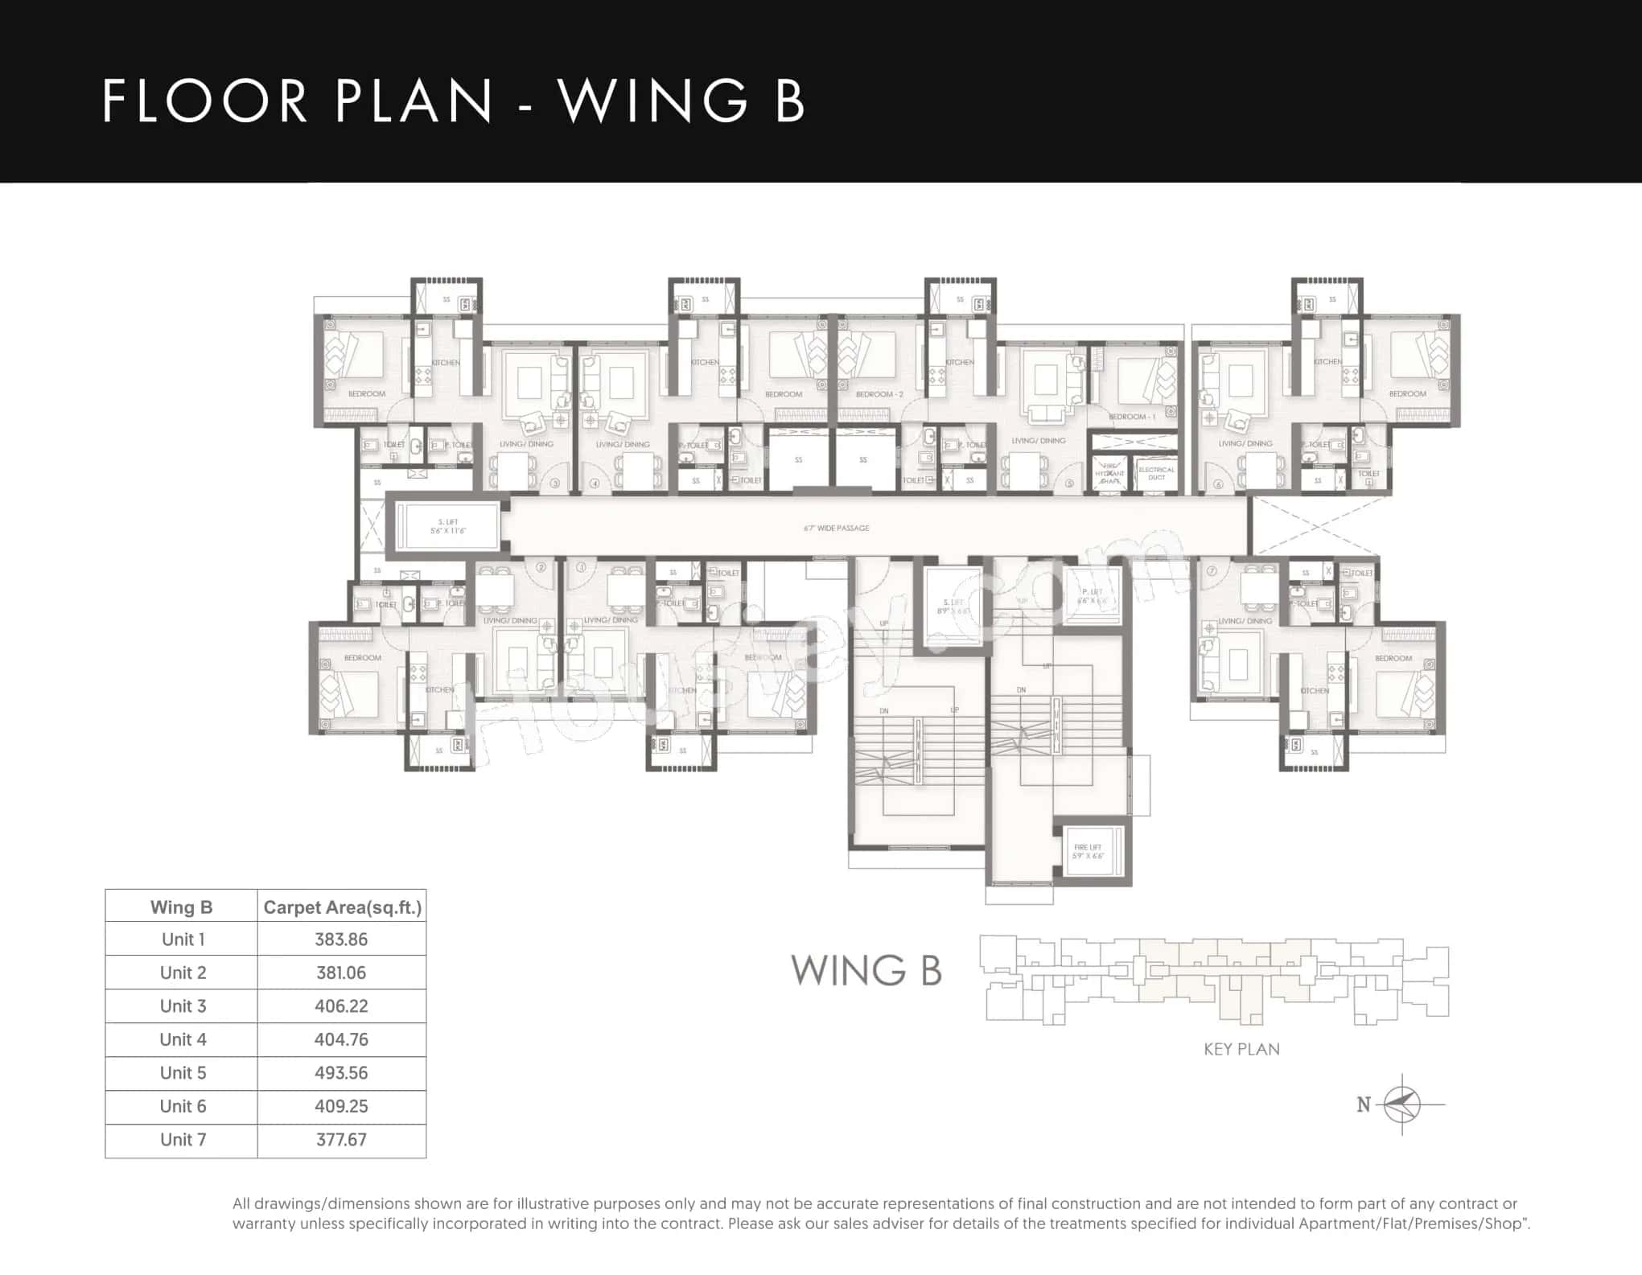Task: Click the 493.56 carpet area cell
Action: [x=341, y=1072]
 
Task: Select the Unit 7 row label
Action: [x=183, y=1139]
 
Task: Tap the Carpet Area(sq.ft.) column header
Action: [x=342, y=907]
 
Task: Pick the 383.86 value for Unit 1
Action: [x=341, y=939]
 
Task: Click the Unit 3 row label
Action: [x=183, y=1006]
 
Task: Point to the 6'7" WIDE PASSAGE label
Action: [x=836, y=529]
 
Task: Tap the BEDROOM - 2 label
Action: [x=879, y=394]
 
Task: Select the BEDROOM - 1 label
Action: [x=1132, y=417]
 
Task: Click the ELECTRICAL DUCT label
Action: [x=1156, y=473]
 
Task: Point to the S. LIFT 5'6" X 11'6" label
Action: [x=447, y=527]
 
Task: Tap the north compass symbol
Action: [x=1402, y=1104]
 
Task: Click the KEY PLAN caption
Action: [x=1241, y=1049]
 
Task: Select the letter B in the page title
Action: [x=789, y=101]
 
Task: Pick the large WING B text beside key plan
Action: [x=866, y=970]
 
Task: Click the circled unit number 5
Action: [x=1069, y=483]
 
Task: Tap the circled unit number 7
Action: [x=1212, y=570]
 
